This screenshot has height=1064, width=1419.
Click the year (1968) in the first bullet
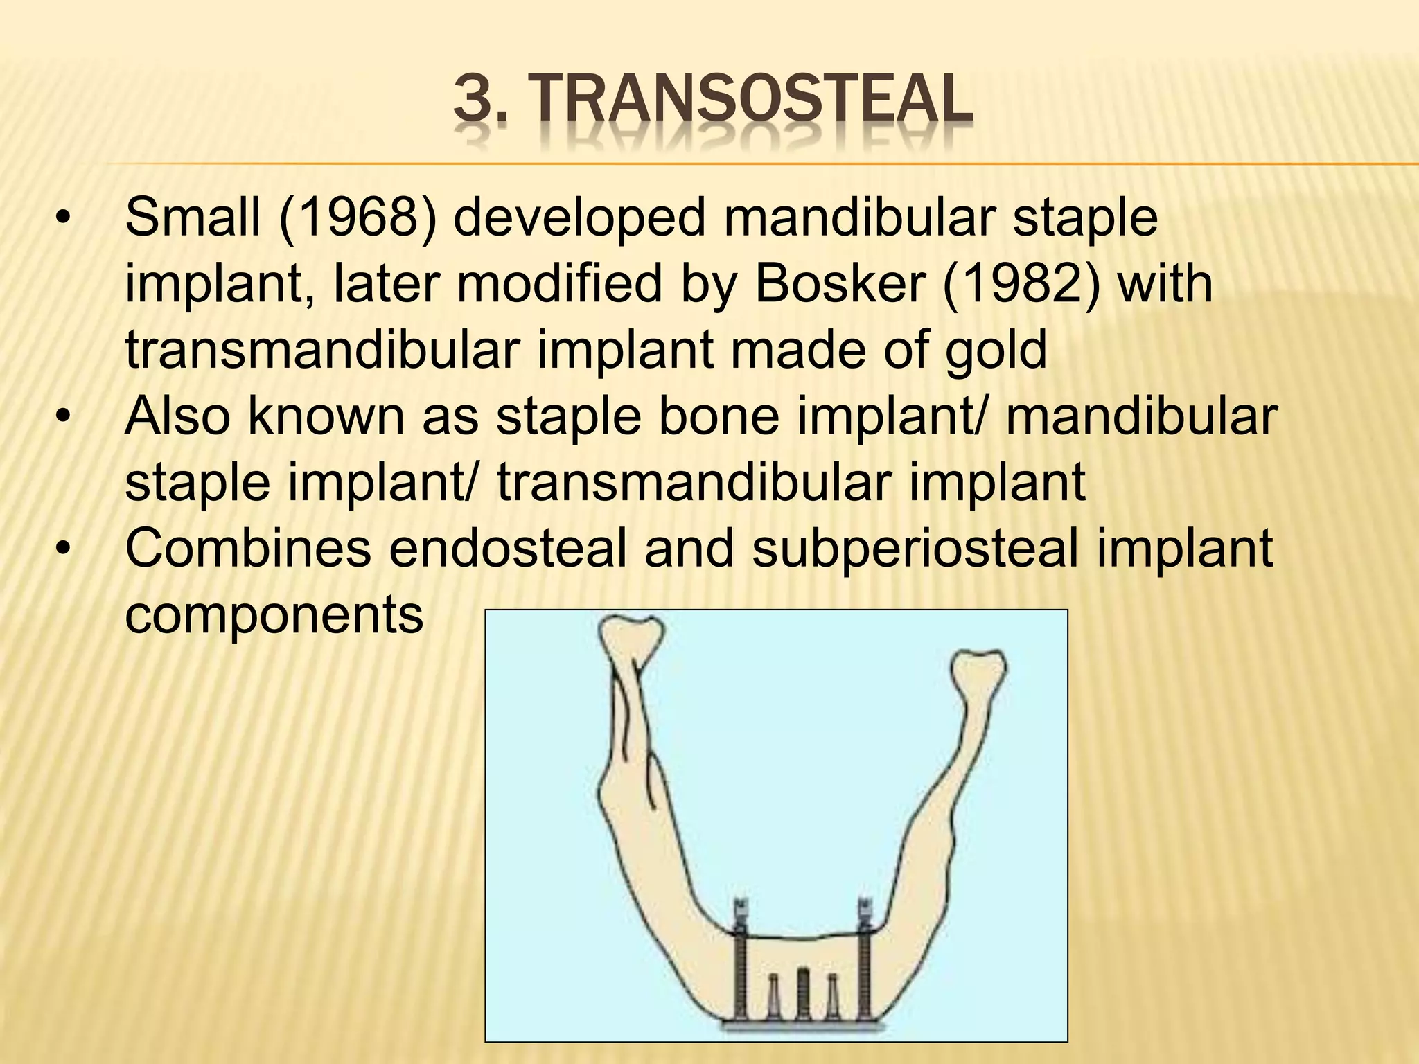pyautogui.click(x=358, y=218)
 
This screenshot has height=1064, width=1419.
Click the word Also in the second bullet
pyautogui.click(x=177, y=417)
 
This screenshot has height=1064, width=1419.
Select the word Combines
pyautogui.click(x=248, y=549)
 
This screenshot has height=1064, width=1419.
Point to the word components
pyautogui.click(x=274, y=615)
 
